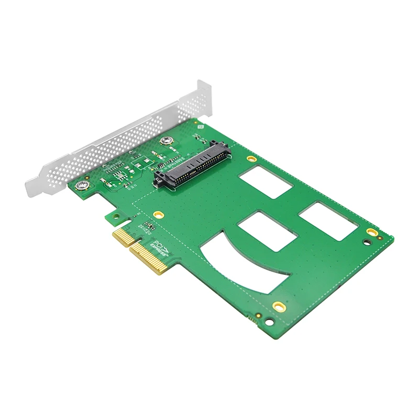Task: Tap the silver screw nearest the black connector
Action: (167, 140)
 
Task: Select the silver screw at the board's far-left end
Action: (82, 185)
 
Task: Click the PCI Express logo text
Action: (160, 247)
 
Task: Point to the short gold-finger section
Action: (123, 238)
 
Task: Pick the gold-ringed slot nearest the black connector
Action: (251, 158)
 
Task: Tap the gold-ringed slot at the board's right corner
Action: (371, 232)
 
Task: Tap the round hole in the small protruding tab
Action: (109, 214)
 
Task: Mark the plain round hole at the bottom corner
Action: (270, 322)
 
